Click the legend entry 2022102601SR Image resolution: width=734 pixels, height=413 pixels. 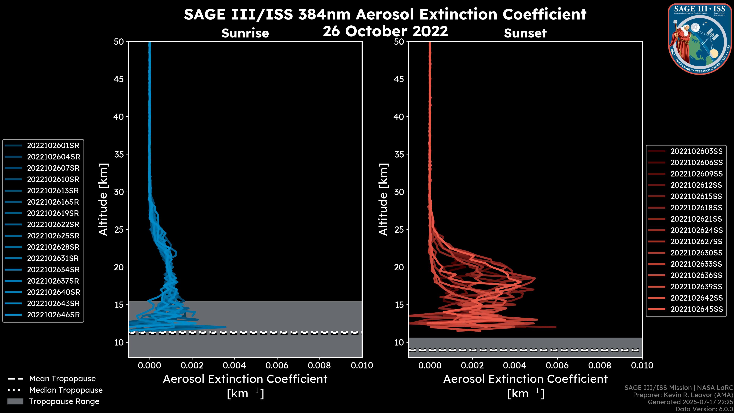tap(53, 146)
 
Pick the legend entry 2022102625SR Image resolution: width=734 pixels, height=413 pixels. tap(53, 236)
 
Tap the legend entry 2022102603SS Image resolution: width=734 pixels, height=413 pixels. tap(696, 151)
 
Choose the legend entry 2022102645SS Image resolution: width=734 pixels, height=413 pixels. tap(696, 309)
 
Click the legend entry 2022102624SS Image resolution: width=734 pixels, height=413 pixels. tap(696, 230)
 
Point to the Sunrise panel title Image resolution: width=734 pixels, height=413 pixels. tap(245, 33)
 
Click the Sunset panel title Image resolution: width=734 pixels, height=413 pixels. tap(525, 33)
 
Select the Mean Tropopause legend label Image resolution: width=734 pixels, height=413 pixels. tap(62, 379)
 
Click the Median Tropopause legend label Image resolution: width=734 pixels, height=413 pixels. tap(66, 390)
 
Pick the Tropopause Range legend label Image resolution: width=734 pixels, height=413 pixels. tap(64, 402)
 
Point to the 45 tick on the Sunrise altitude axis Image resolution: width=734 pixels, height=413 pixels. tap(119, 79)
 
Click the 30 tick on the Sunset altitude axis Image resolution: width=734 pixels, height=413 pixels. tap(399, 192)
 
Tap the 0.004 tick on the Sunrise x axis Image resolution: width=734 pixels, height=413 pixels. tap(235, 365)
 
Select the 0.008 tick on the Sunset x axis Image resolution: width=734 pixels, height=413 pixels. tap(600, 365)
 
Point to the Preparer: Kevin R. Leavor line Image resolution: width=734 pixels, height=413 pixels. tap(683, 395)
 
